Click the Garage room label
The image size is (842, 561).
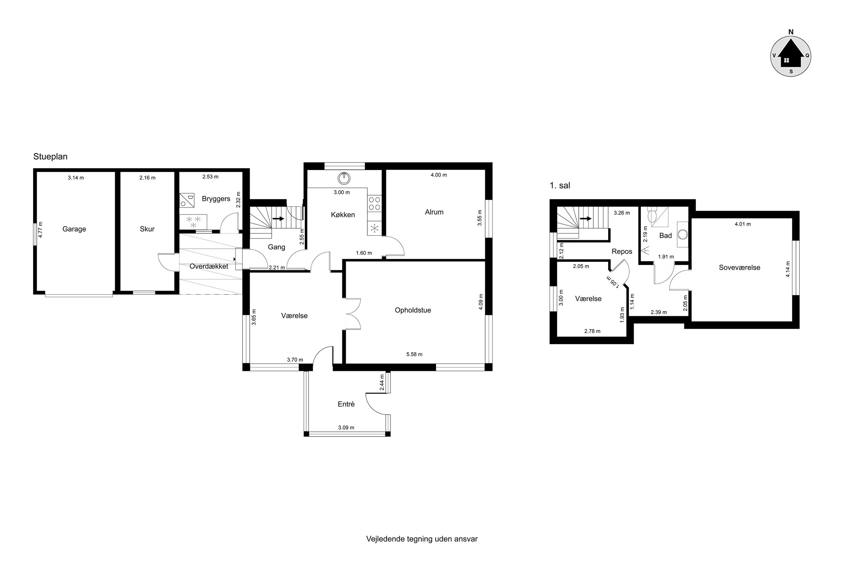point(74,229)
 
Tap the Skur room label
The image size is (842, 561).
point(147,229)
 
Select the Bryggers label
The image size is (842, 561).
point(216,199)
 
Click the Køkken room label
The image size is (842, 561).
point(343,215)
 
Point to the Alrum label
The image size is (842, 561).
point(434,212)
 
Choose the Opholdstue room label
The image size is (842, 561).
point(413,310)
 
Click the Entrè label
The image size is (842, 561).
point(346,404)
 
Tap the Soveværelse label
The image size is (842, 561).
point(740,267)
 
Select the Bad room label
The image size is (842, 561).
point(666,235)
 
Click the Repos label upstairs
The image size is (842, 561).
point(622,252)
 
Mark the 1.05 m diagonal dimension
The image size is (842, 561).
point(613,282)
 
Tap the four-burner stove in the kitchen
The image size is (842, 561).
point(375,203)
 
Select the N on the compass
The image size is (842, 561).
point(791,32)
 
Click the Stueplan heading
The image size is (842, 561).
point(51,156)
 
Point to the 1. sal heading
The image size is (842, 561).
point(560,185)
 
